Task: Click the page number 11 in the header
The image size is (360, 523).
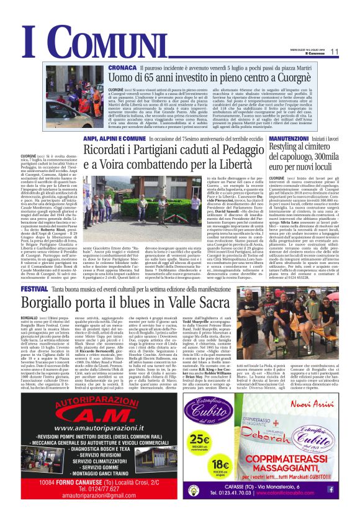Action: [335, 52]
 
